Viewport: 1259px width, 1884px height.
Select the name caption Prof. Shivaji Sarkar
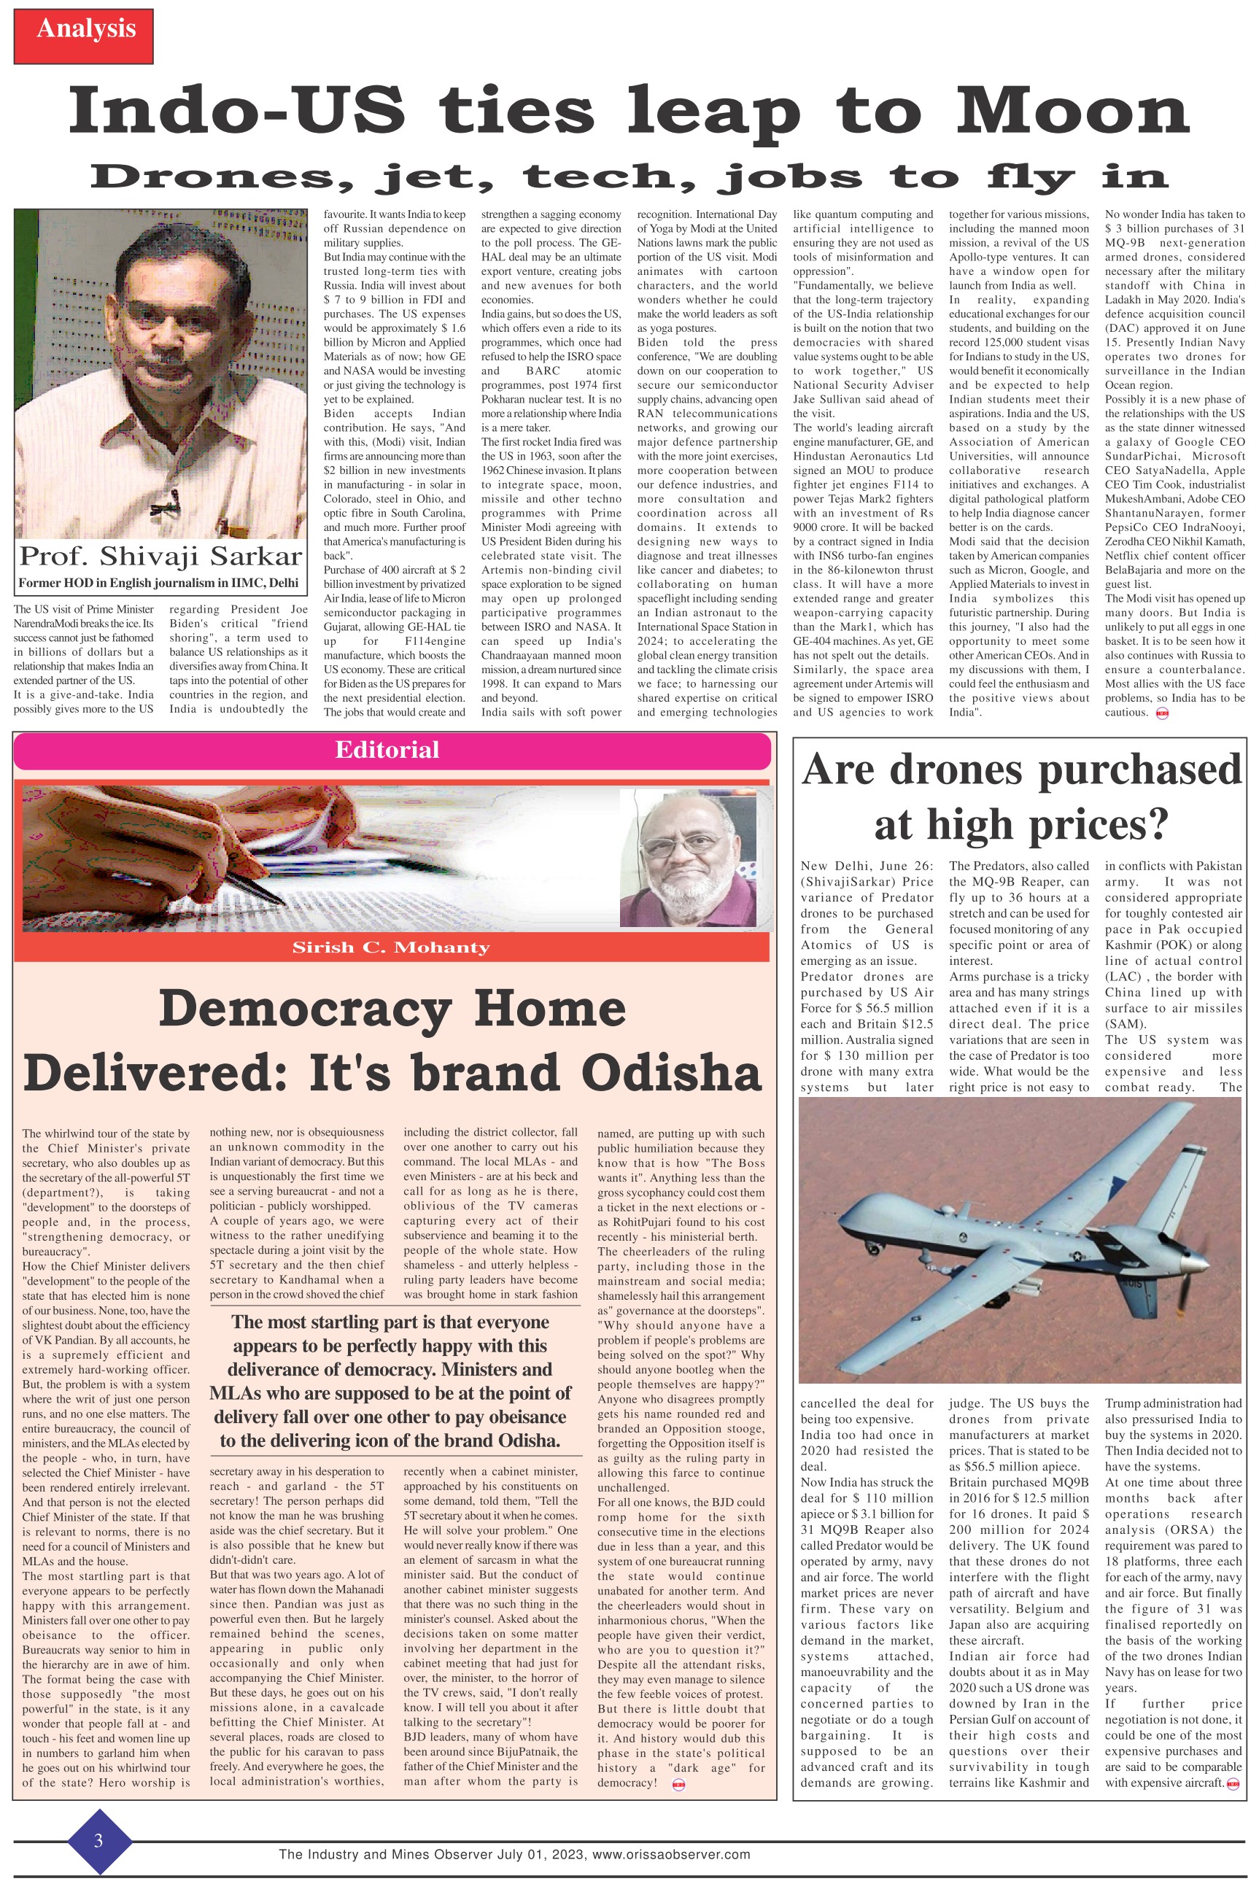click(x=160, y=556)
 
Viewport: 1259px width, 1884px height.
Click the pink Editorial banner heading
click(x=387, y=751)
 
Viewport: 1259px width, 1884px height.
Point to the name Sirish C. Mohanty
click(x=391, y=947)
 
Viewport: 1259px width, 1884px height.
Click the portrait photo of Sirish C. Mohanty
click(x=689, y=857)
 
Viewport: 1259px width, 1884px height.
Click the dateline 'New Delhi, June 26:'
click(x=867, y=865)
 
